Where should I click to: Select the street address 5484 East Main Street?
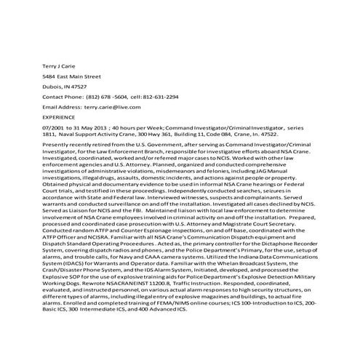coord(71,75)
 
